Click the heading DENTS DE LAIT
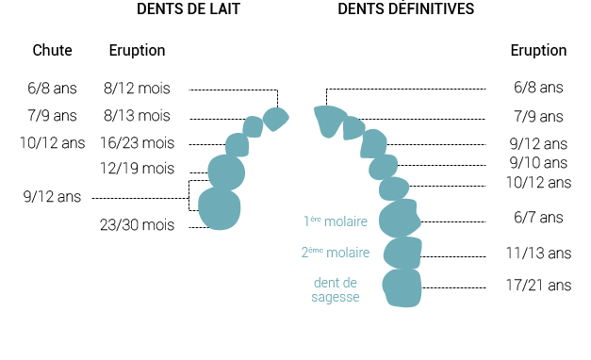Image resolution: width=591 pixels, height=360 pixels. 189,9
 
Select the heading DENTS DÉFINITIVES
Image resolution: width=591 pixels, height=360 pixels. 405,8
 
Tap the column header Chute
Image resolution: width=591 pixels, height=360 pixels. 52,50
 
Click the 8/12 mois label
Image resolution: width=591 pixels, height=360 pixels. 137,89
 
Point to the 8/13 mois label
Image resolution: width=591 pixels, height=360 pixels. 137,115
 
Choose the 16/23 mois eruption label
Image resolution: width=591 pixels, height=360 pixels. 137,143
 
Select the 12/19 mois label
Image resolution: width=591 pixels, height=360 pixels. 137,168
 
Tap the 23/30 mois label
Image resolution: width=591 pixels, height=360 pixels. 137,224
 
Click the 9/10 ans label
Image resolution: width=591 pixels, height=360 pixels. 538,163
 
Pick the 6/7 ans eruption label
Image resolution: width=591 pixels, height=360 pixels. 538,218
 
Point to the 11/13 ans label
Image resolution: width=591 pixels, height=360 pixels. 538,253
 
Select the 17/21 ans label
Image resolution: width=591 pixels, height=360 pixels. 538,285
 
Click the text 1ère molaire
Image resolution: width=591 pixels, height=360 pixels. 336,221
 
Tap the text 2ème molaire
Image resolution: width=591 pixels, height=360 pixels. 336,253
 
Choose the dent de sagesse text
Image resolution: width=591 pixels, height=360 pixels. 336,289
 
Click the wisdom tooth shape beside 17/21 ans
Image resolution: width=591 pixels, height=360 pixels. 402,288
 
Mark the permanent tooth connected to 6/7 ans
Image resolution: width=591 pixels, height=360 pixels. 400,219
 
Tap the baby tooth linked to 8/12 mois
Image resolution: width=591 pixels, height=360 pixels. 275,119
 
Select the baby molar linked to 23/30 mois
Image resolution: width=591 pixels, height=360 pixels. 220,208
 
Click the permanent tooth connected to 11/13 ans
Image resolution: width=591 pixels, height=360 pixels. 402,253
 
